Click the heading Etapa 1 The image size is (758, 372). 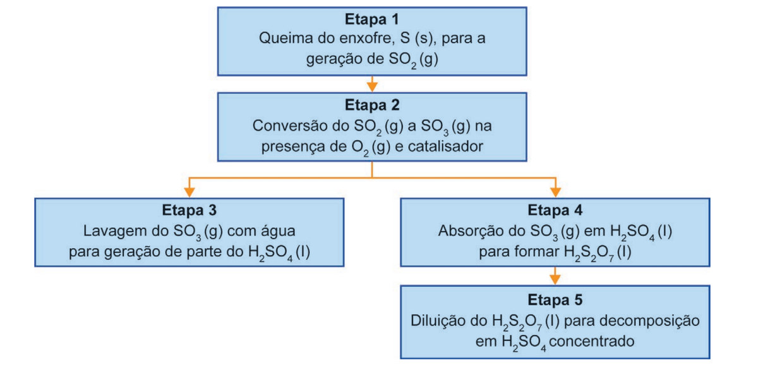pos(372,20)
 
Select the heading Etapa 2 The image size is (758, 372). pos(372,105)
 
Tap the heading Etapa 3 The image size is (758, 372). pos(189,210)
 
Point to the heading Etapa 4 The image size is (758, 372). pos(555,210)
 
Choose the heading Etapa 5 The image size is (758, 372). pos(555,300)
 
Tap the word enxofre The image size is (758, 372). pos(367,39)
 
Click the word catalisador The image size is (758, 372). pos(445,147)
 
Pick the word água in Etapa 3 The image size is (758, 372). pos(278,231)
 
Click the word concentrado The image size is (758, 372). pos(591,341)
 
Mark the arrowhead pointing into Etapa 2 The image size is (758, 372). pos(372,87)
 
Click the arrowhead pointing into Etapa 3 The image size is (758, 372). pos(189,192)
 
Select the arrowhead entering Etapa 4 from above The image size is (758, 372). pos(555,192)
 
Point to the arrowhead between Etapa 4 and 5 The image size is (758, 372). pos(555,280)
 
